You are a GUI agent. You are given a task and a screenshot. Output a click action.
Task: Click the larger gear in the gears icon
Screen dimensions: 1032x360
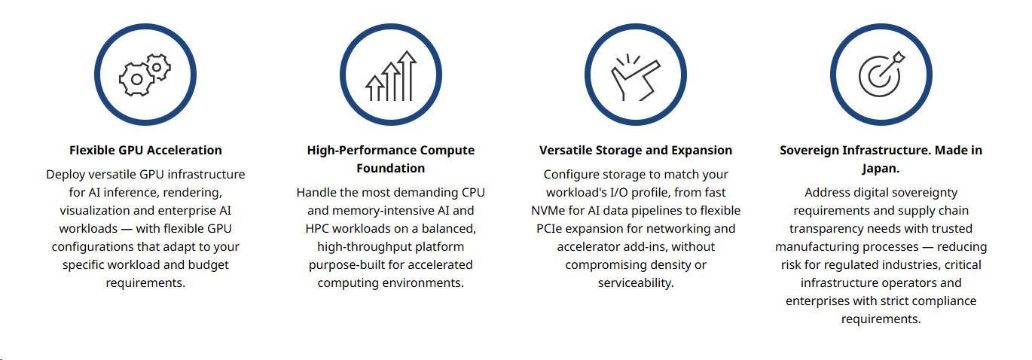[x=136, y=79]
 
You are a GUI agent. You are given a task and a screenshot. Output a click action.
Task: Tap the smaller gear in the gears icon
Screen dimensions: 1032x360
[x=157, y=68]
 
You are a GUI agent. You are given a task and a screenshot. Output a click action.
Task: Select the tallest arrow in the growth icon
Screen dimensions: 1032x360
[x=407, y=75]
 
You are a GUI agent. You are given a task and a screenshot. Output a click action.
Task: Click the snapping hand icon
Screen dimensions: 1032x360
[x=635, y=78]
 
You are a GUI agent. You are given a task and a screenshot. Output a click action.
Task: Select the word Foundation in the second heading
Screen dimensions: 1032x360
[x=391, y=168]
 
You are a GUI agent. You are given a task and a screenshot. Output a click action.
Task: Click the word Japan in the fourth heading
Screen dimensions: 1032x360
[x=879, y=169]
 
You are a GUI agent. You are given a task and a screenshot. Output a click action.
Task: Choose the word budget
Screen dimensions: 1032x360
[x=208, y=264]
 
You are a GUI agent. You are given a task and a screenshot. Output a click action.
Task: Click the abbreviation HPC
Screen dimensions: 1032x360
[x=317, y=229]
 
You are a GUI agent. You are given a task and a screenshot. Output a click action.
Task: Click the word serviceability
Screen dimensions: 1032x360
[x=636, y=282]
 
